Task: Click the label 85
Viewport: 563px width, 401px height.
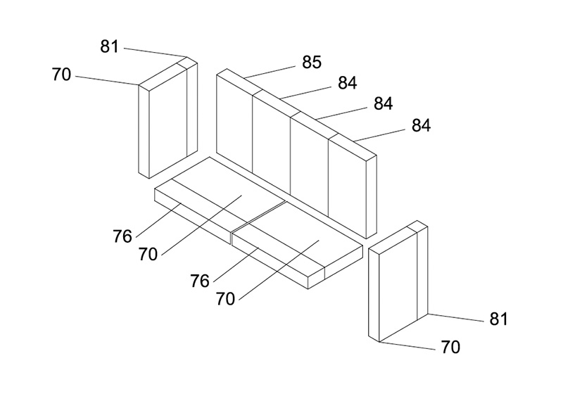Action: [311, 62]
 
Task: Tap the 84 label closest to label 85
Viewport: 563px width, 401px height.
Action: [347, 83]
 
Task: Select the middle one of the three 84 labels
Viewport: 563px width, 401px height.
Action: [383, 103]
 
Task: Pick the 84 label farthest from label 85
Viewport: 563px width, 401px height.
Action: [421, 126]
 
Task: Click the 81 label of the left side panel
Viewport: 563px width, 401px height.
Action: [109, 46]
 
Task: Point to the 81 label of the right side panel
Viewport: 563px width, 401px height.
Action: [498, 319]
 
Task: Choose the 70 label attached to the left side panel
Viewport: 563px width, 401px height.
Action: [61, 75]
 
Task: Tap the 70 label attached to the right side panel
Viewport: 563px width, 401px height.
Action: [450, 347]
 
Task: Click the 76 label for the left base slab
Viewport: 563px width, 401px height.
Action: [122, 236]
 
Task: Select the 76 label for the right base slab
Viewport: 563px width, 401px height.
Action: [200, 281]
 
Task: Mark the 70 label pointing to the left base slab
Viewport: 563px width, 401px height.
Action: [148, 255]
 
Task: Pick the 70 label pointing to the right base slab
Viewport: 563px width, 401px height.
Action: [225, 299]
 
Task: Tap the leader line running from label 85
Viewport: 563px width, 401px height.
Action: [270, 72]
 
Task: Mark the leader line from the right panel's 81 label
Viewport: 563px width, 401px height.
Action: [455, 318]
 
